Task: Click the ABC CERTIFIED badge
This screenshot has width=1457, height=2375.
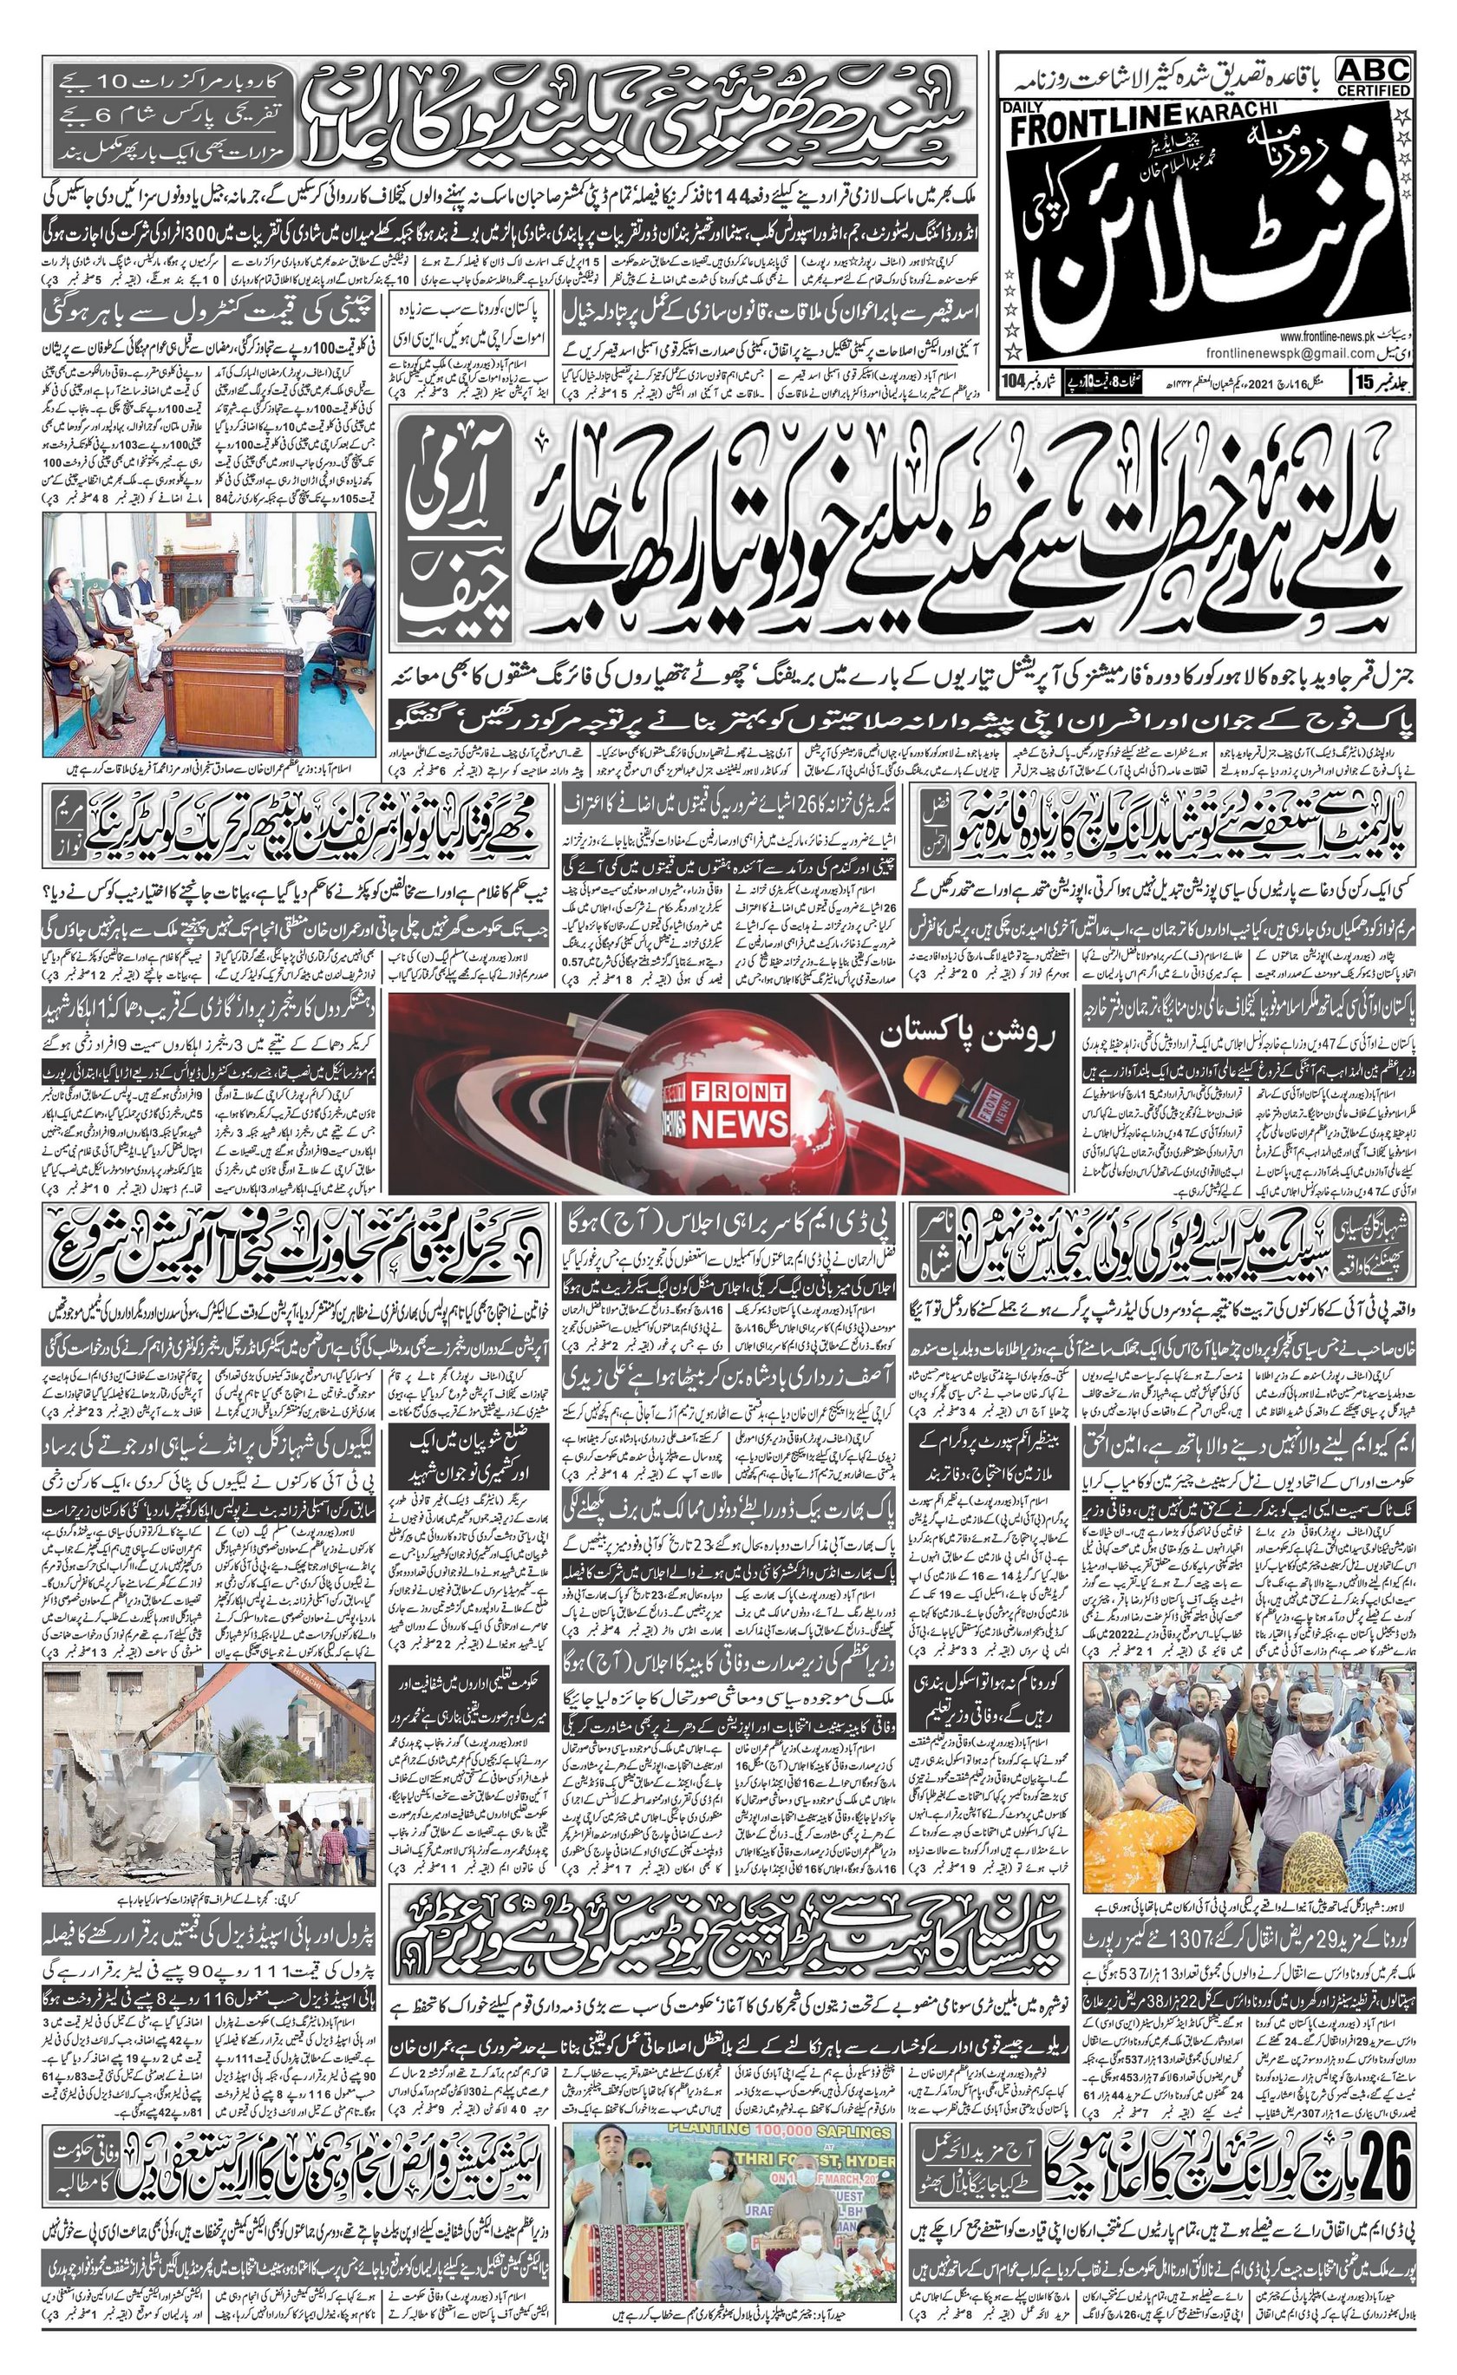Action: point(1373,76)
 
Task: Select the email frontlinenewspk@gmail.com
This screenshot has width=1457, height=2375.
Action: point(1267,354)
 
